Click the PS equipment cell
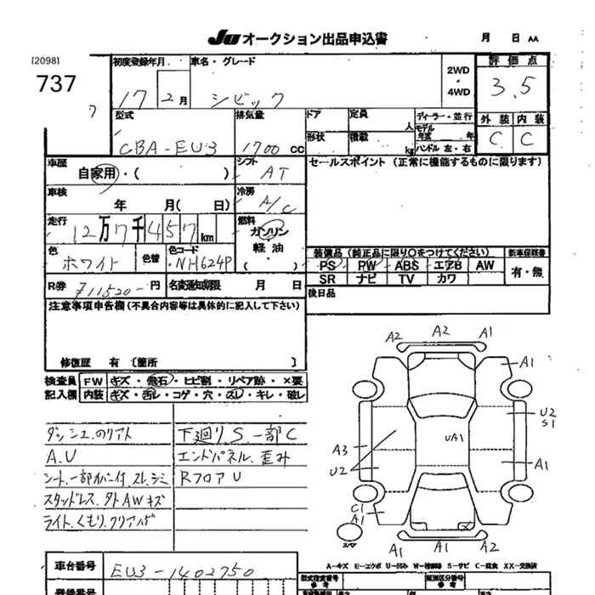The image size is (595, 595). click(x=328, y=266)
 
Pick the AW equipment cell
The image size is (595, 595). click(x=484, y=266)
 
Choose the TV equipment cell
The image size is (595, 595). click(x=406, y=279)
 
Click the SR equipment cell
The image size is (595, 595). click(x=328, y=279)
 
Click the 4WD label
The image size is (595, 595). click(x=457, y=91)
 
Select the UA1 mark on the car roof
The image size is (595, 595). click(x=453, y=437)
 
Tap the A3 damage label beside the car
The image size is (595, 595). click(x=341, y=448)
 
